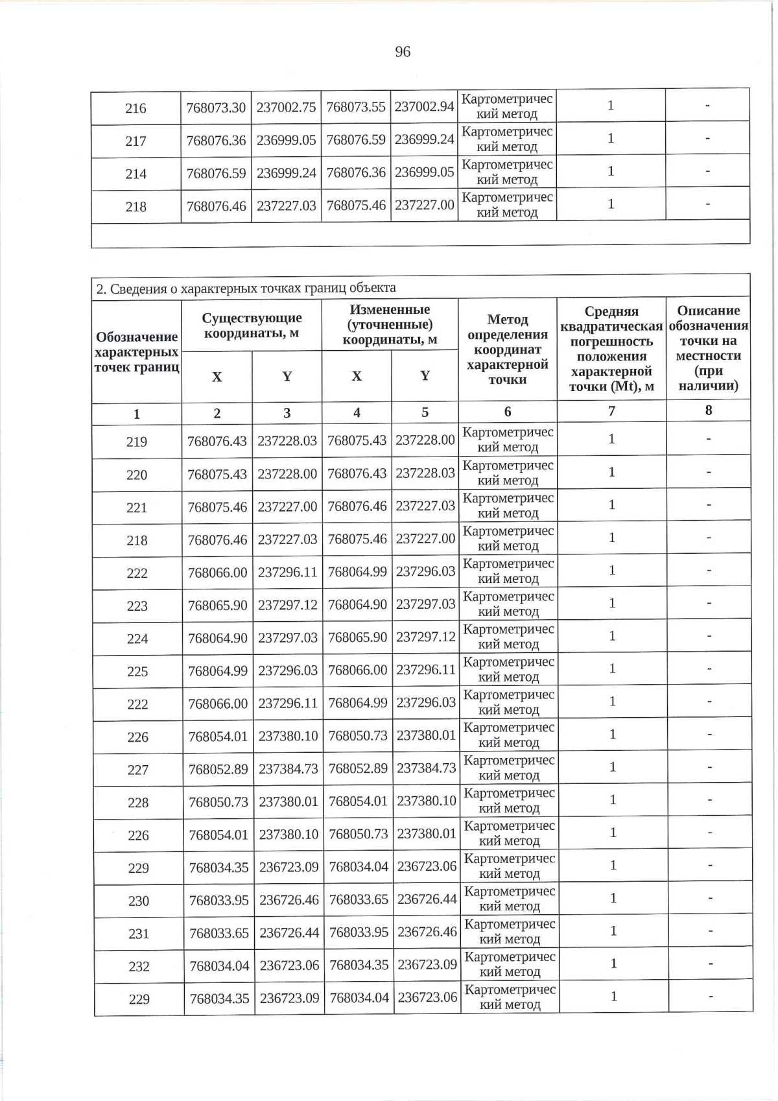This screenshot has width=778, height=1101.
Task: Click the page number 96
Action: (403, 52)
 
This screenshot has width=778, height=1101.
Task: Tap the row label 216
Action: (136, 108)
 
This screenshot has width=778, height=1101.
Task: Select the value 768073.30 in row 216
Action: (216, 108)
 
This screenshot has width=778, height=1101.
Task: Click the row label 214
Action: (136, 174)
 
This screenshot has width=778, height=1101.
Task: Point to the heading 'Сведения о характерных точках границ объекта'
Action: (246, 288)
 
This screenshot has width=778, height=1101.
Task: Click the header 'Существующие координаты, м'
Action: (252, 326)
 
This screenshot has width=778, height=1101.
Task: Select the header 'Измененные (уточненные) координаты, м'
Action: (390, 324)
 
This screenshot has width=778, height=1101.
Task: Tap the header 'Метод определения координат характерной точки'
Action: (508, 349)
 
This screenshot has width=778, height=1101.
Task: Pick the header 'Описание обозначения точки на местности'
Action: (708, 348)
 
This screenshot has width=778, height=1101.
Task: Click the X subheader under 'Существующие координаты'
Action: (217, 377)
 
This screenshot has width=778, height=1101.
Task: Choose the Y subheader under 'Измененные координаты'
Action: (425, 376)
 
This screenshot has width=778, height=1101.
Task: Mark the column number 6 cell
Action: (508, 411)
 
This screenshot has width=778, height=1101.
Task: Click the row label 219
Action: (137, 442)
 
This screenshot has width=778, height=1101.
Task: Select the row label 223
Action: (137, 606)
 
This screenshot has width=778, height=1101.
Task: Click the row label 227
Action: (138, 770)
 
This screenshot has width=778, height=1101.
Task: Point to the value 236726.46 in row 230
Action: (289, 901)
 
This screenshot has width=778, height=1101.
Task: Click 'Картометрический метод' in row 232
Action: (510, 964)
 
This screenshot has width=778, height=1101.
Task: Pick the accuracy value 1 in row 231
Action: (612, 930)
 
